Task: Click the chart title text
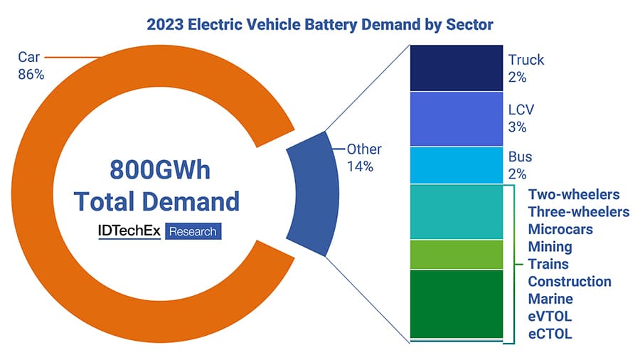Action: pyautogui.click(x=319, y=24)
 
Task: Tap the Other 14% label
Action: pyautogui.click(x=363, y=158)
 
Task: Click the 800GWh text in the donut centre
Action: pyautogui.click(x=160, y=171)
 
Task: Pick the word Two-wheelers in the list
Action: pyautogui.click(x=574, y=194)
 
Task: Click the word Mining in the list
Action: pyautogui.click(x=550, y=247)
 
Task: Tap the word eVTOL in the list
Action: pyautogui.click(x=550, y=316)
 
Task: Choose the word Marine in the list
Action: pyautogui.click(x=550, y=299)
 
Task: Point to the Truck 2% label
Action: pyautogui.click(x=526, y=69)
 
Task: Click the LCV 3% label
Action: pyautogui.click(x=522, y=119)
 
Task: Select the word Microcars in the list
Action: pyautogui.click(x=560, y=229)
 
